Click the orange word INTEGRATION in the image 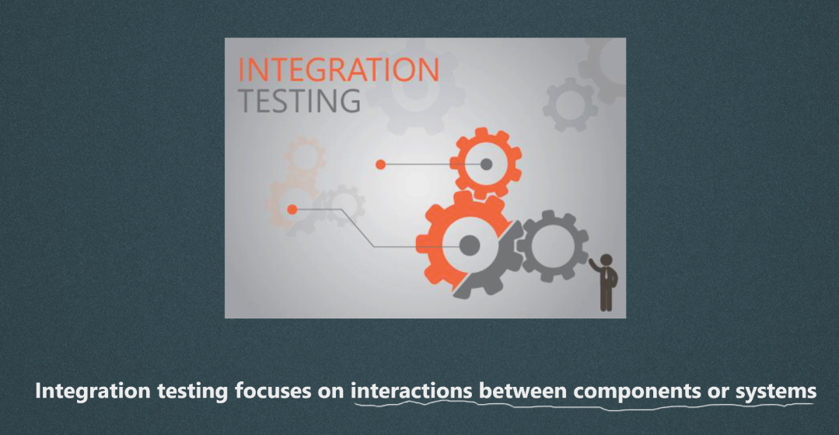(338, 69)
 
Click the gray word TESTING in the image (299, 100)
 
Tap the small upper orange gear (485, 163)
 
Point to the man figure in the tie (605, 283)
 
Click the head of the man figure (607, 260)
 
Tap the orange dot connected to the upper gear (380, 165)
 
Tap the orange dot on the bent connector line (292, 209)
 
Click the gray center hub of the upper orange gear (486, 164)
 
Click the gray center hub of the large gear (469, 245)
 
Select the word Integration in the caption (93, 391)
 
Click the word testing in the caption (193, 391)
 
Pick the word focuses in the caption (273, 391)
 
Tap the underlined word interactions (411, 391)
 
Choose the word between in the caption (523, 391)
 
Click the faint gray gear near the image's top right (571, 105)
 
